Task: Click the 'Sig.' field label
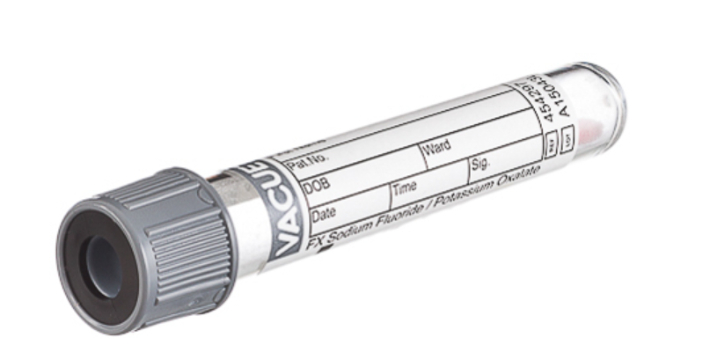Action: point(481,164)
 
